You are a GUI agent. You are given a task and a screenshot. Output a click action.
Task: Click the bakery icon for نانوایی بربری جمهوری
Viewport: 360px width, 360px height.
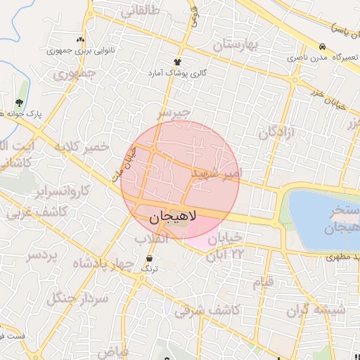[80, 40]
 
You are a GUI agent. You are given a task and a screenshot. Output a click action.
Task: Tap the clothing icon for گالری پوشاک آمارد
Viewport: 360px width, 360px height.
[178, 62]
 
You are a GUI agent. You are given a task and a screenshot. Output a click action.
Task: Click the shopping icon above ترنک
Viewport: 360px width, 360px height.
[148, 258]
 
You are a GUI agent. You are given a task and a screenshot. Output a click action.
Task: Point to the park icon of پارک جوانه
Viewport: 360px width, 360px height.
[19, 103]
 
